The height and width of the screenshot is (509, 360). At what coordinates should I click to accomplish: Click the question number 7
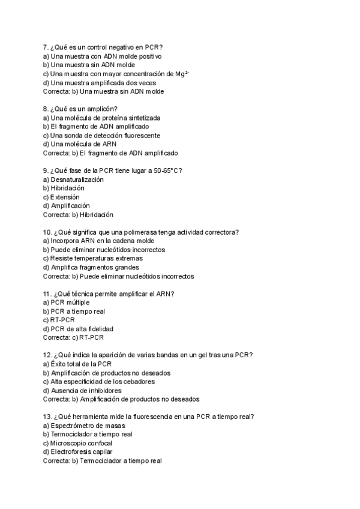(46, 47)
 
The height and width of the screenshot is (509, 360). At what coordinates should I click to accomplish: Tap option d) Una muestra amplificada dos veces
(99, 82)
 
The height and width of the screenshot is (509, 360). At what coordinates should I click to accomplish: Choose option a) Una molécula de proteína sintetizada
(101, 118)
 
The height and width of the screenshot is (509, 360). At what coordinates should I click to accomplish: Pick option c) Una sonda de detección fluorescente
(101, 135)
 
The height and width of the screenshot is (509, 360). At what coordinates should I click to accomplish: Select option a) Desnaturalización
(74, 179)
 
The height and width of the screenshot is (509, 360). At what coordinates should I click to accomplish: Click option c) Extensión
(61, 197)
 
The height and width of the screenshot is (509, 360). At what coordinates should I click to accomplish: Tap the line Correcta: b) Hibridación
(78, 214)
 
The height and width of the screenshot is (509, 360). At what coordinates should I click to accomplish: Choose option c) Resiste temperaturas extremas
(93, 259)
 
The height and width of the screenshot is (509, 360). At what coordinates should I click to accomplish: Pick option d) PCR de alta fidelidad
(78, 329)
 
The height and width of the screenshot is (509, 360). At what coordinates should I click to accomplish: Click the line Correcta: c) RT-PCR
(74, 337)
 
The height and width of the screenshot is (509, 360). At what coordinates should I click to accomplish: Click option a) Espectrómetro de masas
(84, 426)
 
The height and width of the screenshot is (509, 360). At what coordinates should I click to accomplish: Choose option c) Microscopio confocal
(78, 443)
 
